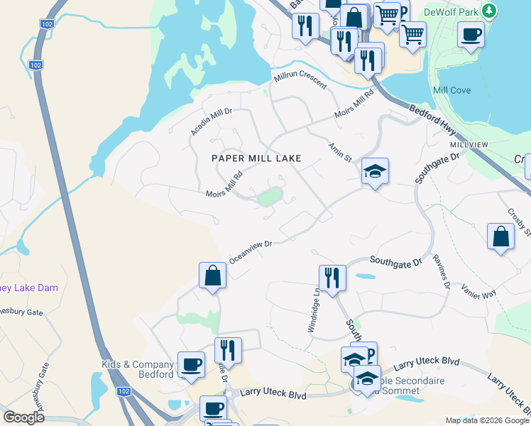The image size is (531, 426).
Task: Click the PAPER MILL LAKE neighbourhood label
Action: [256, 158]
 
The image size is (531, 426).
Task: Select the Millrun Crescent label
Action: [300, 80]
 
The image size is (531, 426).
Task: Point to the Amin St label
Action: [339, 151]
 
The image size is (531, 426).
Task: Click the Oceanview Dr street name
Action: [251, 251]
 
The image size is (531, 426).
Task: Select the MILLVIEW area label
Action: [469, 145]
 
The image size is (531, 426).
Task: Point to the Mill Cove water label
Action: [451, 91]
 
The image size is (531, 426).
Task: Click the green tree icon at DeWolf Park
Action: [488, 11]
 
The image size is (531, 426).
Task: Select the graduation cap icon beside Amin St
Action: [375, 170]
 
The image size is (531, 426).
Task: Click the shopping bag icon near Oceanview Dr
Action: [213, 275]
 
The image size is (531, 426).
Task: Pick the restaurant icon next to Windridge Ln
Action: [332, 277]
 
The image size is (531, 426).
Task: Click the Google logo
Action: [23, 417]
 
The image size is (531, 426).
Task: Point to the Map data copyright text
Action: [486, 420]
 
